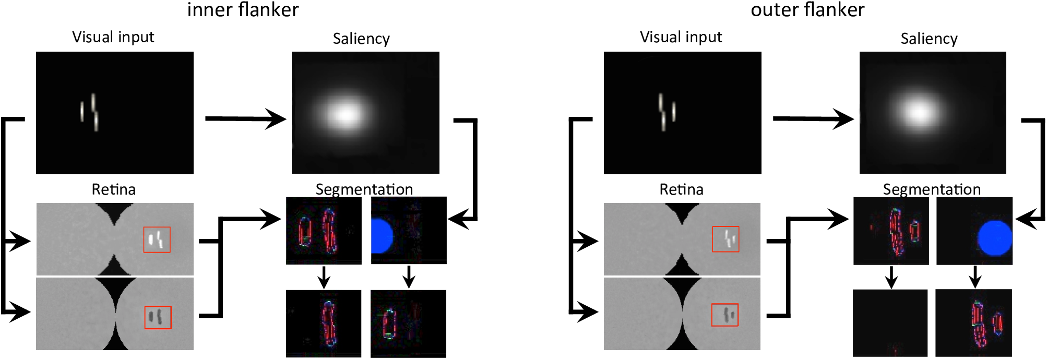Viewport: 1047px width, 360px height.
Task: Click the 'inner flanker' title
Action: coord(243,10)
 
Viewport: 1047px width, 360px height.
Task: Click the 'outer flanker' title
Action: coord(807,10)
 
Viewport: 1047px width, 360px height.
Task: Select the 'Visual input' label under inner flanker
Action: coord(113,37)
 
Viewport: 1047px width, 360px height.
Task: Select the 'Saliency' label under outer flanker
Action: coord(929,39)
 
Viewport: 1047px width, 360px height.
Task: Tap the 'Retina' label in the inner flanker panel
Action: coord(113,189)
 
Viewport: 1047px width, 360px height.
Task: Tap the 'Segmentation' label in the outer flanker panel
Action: coord(931,189)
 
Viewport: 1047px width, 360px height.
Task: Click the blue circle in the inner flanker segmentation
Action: coord(381,236)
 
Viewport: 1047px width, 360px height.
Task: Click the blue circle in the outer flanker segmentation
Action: coord(994,238)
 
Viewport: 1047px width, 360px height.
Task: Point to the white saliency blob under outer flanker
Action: coord(918,111)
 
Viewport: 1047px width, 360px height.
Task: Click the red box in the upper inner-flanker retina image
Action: coord(157,240)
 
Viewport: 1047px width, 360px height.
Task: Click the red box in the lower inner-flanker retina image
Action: coord(158,317)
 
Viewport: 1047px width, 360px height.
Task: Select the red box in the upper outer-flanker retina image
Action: coord(725,239)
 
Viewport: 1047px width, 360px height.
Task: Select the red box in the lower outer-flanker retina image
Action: coord(725,315)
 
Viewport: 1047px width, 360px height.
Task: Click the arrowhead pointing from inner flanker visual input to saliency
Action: coord(276,119)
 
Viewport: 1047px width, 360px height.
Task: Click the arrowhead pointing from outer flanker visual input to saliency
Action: coord(843,119)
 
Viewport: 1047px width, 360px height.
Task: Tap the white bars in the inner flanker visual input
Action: coord(90,112)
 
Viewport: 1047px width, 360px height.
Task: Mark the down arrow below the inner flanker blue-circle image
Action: coord(409,278)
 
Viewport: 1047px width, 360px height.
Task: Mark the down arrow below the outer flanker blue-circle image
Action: coord(974,278)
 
